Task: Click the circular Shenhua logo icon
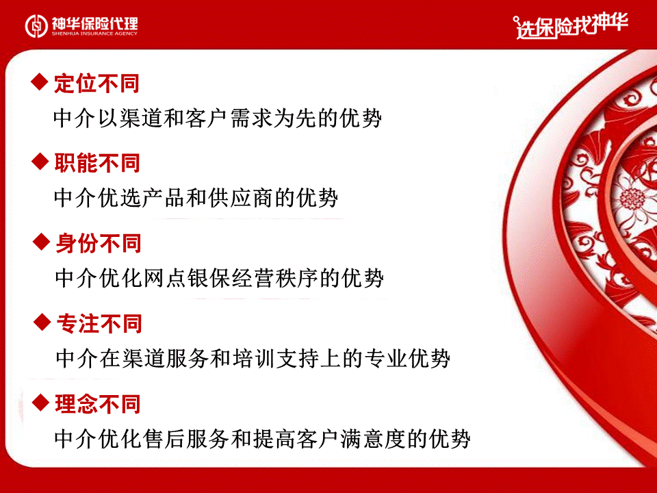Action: (x=36, y=25)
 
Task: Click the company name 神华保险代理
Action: (x=94, y=23)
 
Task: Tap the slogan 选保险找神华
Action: (x=571, y=25)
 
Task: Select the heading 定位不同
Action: (x=96, y=84)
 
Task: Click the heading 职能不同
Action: (x=96, y=163)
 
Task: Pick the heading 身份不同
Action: (x=99, y=244)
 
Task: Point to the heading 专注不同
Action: (x=99, y=324)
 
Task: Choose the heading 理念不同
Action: (x=98, y=405)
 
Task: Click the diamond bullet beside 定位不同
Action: (x=40, y=81)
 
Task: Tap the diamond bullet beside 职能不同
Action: (x=40, y=162)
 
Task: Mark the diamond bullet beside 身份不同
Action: (x=42, y=242)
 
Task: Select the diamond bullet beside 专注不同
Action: (x=42, y=322)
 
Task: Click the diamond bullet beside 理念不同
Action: (x=40, y=403)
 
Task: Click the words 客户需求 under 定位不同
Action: (x=228, y=118)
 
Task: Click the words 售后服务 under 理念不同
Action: (x=185, y=439)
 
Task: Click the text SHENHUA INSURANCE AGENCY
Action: (x=94, y=34)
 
